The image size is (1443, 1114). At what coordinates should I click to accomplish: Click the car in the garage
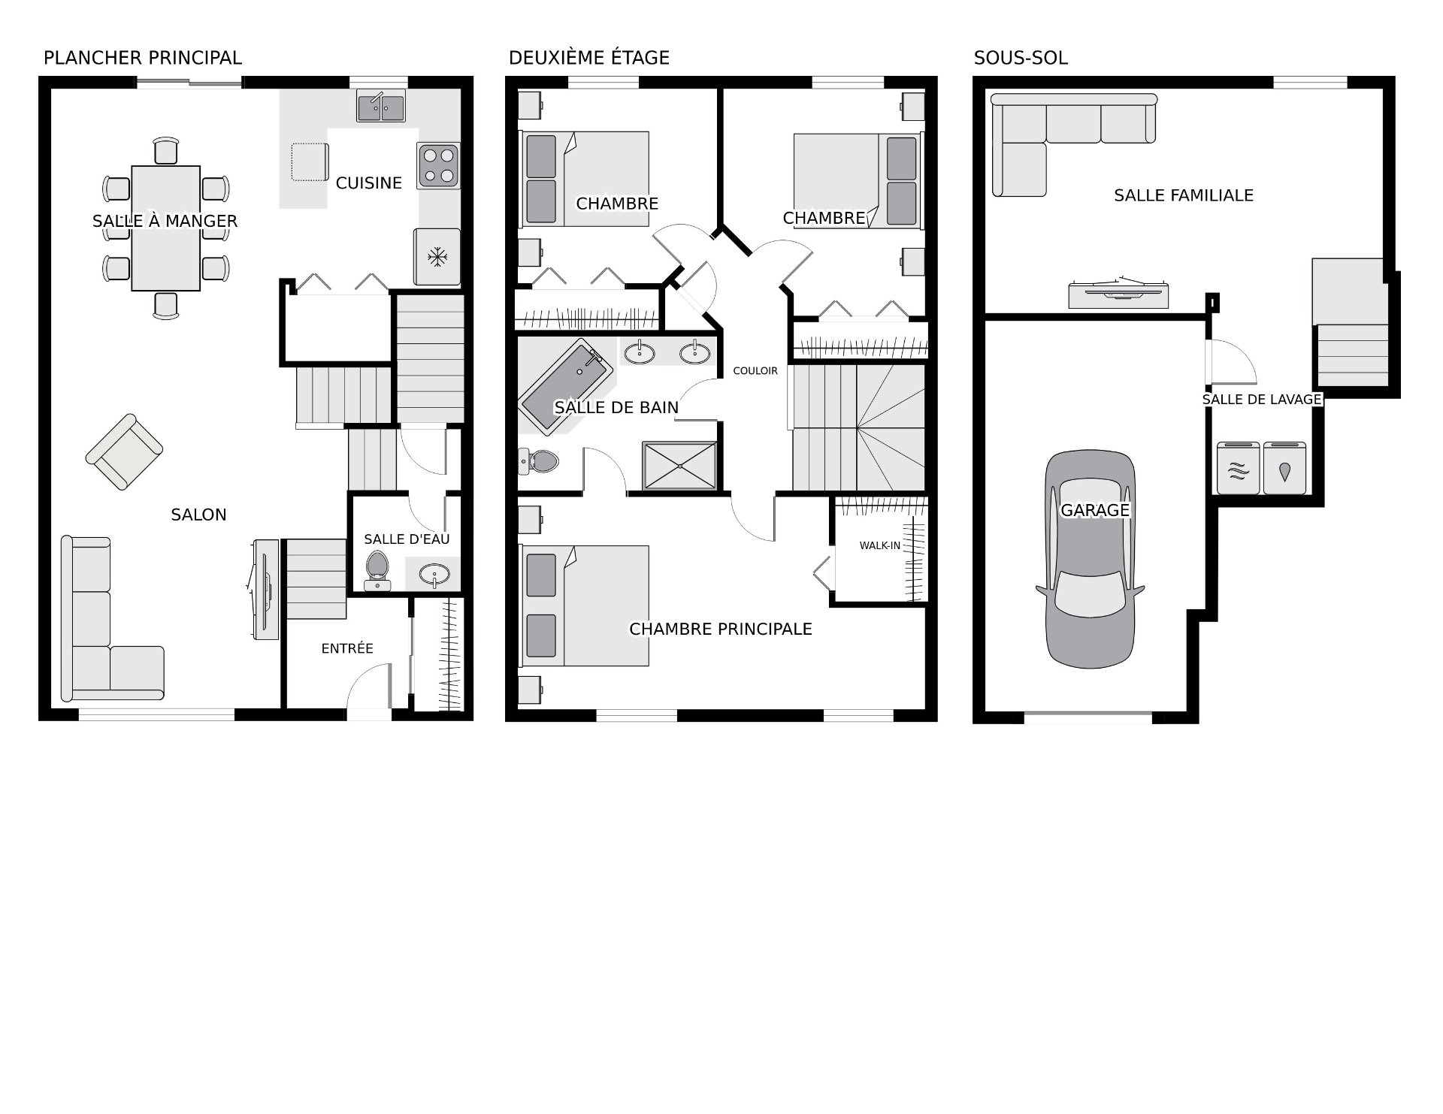pos(1090,560)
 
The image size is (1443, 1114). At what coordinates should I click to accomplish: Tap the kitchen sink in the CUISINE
pos(380,107)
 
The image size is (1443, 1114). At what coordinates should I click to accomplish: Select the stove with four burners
pos(439,166)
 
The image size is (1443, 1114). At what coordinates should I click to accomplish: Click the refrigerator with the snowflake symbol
pos(437,257)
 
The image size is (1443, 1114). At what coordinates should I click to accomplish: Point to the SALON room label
pos(198,515)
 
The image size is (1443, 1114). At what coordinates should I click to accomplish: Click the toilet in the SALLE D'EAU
pos(377,570)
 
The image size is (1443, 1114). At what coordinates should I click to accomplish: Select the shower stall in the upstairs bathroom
pos(679,466)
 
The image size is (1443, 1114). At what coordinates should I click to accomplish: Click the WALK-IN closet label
pos(880,545)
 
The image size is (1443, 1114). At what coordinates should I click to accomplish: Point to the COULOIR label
pos(755,370)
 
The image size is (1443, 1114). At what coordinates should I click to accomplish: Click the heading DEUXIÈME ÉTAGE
pos(589,58)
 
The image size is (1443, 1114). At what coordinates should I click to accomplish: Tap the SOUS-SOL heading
pos(1021,58)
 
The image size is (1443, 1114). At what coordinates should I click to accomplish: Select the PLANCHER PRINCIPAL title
pos(143,58)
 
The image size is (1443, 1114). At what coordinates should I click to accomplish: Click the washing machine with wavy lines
pos(1239,468)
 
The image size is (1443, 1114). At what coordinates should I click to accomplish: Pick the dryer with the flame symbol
pos(1285,468)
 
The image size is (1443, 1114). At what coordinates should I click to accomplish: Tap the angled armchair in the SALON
pos(124,451)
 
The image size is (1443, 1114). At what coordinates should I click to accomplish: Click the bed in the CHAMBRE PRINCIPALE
pos(585,605)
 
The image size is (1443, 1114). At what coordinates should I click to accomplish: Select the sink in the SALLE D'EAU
pos(435,575)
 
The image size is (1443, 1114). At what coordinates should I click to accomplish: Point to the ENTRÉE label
pos(347,648)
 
